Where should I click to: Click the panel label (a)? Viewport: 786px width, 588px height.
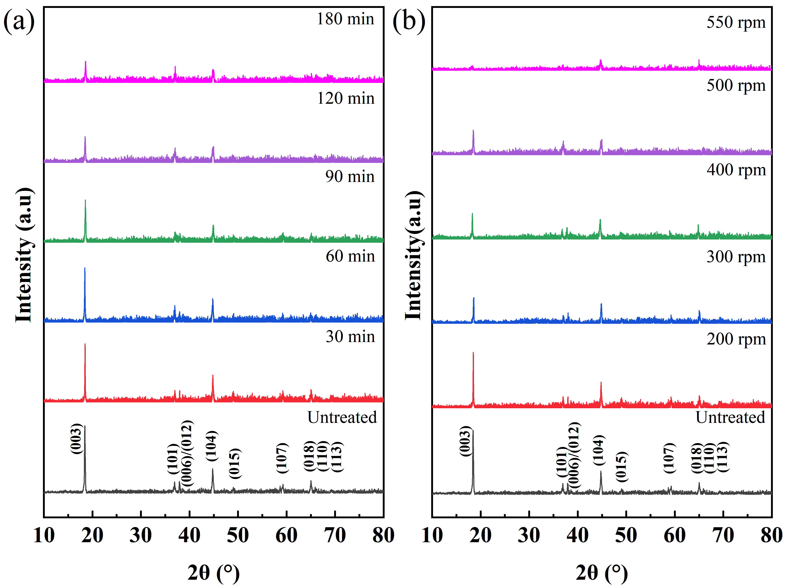point(19,21)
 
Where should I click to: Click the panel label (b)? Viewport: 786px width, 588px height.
point(409,21)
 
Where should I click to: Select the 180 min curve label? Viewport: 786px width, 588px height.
point(345,19)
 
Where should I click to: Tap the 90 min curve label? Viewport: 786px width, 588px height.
point(350,176)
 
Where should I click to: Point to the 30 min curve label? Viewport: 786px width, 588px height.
point(350,337)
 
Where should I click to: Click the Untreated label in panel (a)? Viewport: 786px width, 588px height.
point(342,417)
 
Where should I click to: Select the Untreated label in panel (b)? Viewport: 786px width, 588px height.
point(730,417)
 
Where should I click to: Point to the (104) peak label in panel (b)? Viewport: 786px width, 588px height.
point(599,450)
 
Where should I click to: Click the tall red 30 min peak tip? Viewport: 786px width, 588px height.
point(85,344)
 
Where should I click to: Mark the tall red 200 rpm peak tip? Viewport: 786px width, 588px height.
point(473,353)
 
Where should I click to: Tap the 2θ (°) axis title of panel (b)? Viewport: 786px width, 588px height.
point(602,573)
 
